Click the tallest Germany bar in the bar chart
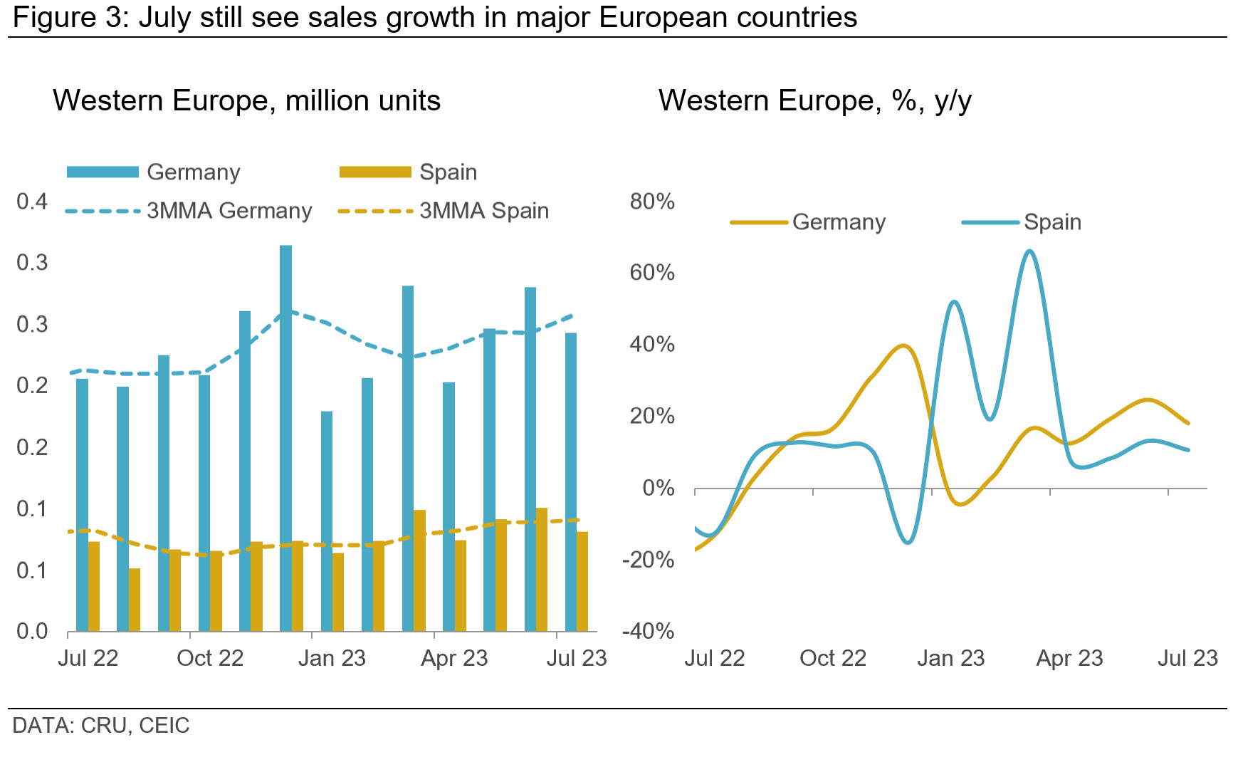click(x=285, y=437)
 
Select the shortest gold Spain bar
click(x=135, y=599)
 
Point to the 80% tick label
click(x=652, y=202)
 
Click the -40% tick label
click(x=648, y=631)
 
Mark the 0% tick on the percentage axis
click(x=659, y=489)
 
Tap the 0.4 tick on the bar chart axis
click(x=32, y=202)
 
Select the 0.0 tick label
click(x=32, y=632)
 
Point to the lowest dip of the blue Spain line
click(x=908, y=543)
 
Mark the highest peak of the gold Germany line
click(x=903, y=346)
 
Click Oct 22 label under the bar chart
click(x=210, y=658)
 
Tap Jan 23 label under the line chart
click(x=950, y=658)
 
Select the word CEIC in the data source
click(x=164, y=726)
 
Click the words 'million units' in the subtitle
click(x=362, y=101)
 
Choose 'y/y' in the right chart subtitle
click(x=953, y=101)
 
